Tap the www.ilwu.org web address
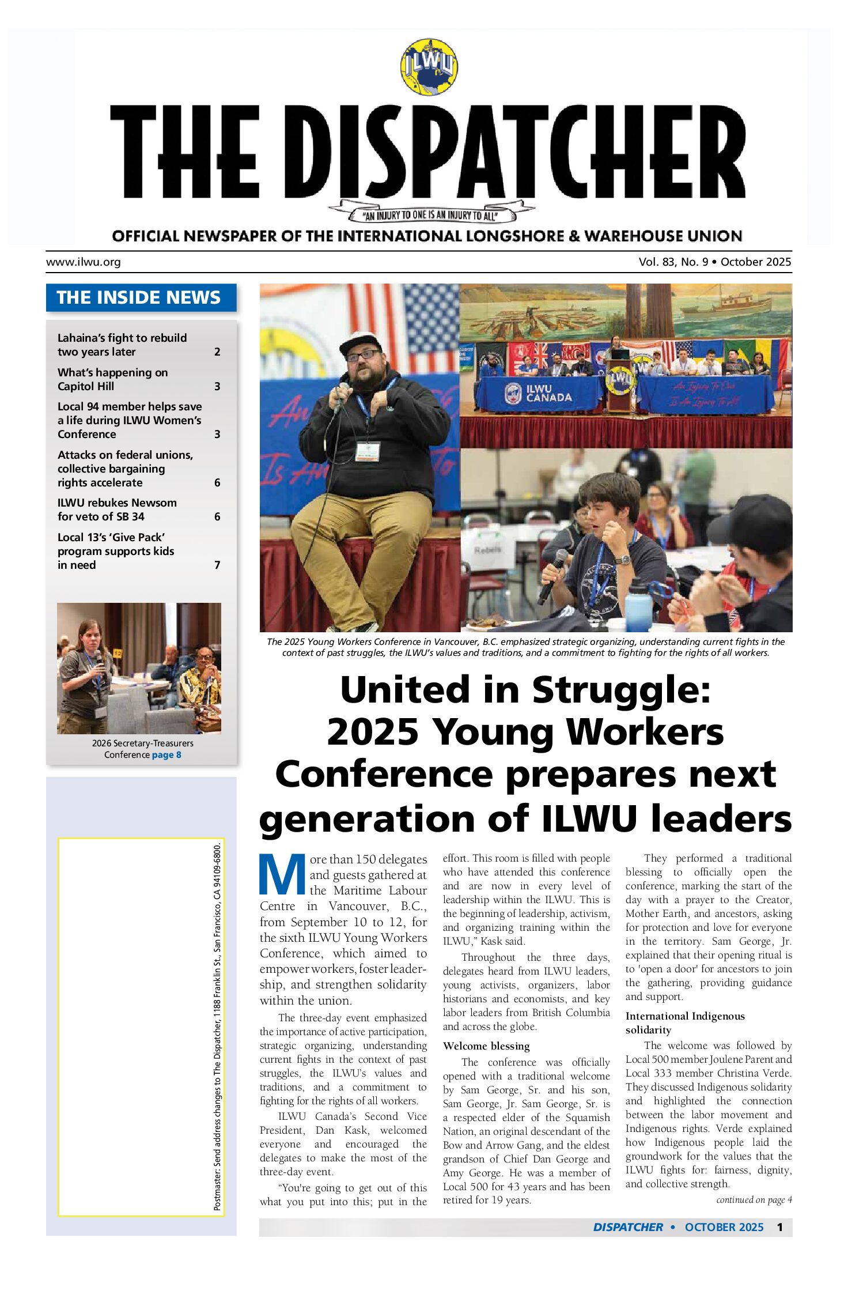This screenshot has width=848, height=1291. [84, 262]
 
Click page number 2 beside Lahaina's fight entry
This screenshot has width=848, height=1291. [217, 352]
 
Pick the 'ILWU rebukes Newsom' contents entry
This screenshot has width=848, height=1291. [117, 509]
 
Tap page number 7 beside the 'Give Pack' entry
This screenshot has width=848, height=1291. [217, 565]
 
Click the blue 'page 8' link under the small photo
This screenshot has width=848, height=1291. [166, 754]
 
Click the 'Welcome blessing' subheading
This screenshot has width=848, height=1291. [486, 1045]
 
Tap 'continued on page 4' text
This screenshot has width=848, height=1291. [754, 1199]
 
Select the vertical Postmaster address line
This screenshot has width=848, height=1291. [217, 1026]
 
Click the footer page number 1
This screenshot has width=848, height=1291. [779, 1227]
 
